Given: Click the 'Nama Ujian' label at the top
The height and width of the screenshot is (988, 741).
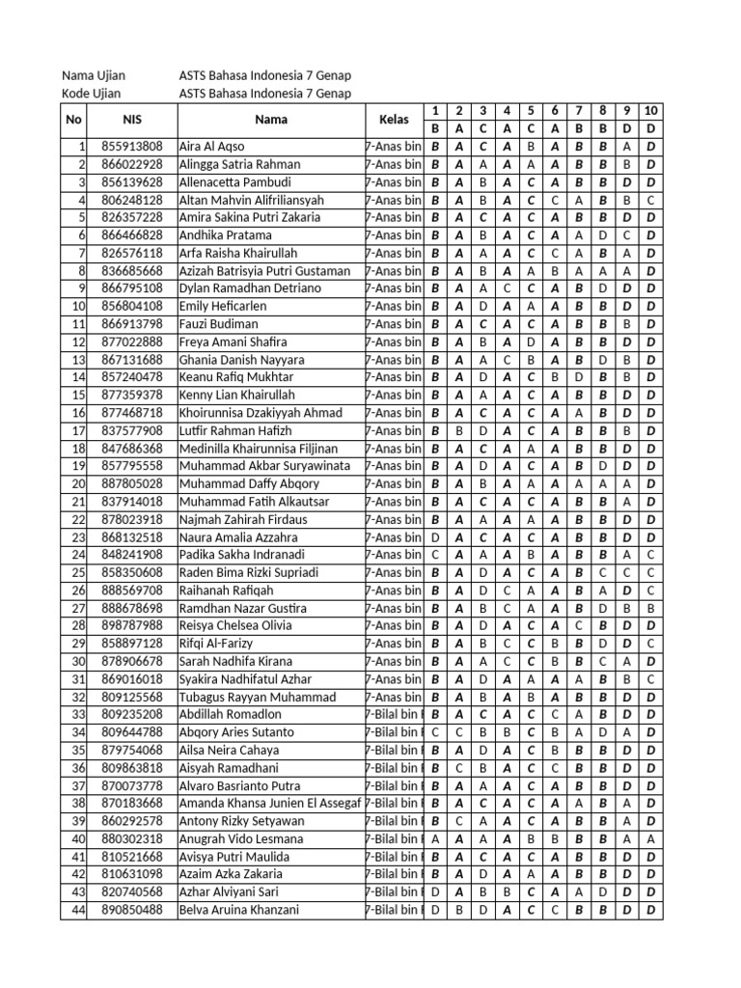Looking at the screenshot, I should pyautogui.click(x=94, y=75).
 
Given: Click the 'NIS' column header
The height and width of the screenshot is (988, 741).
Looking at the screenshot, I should pyautogui.click(x=132, y=120).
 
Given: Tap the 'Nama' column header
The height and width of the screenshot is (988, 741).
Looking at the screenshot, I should pyautogui.click(x=270, y=120).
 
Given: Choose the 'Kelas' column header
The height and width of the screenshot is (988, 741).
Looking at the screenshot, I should pyautogui.click(x=394, y=120).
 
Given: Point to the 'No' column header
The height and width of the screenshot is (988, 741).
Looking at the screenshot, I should pyautogui.click(x=74, y=120).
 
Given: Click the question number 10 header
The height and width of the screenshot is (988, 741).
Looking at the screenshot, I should pyautogui.click(x=651, y=111).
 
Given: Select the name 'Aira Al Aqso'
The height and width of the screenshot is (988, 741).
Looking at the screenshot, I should pyautogui.click(x=212, y=147).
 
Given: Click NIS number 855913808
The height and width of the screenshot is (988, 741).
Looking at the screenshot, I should pyautogui.click(x=132, y=147).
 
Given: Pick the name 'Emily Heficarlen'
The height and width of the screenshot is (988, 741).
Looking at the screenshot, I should pyautogui.click(x=224, y=306).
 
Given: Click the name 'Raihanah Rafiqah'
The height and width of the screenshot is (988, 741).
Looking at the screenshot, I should pyautogui.click(x=227, y=590).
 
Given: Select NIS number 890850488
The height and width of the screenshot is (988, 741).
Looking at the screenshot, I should pyautogui.click(x=132, y=909).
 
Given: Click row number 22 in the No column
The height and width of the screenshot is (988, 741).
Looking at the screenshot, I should pyautogui.click(x=78, y=519).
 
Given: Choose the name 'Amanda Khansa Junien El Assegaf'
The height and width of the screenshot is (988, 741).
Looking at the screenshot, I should pyautogui.click(x=270, y=803).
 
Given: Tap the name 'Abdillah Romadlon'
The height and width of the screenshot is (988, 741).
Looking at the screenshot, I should pyautogui.click(x=231, y=714).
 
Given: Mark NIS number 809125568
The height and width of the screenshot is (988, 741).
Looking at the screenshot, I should pyautogui.click(x=132, y=697).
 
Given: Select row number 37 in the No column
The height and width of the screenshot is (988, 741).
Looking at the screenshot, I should pyautogui.click(x=78, y=785).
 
